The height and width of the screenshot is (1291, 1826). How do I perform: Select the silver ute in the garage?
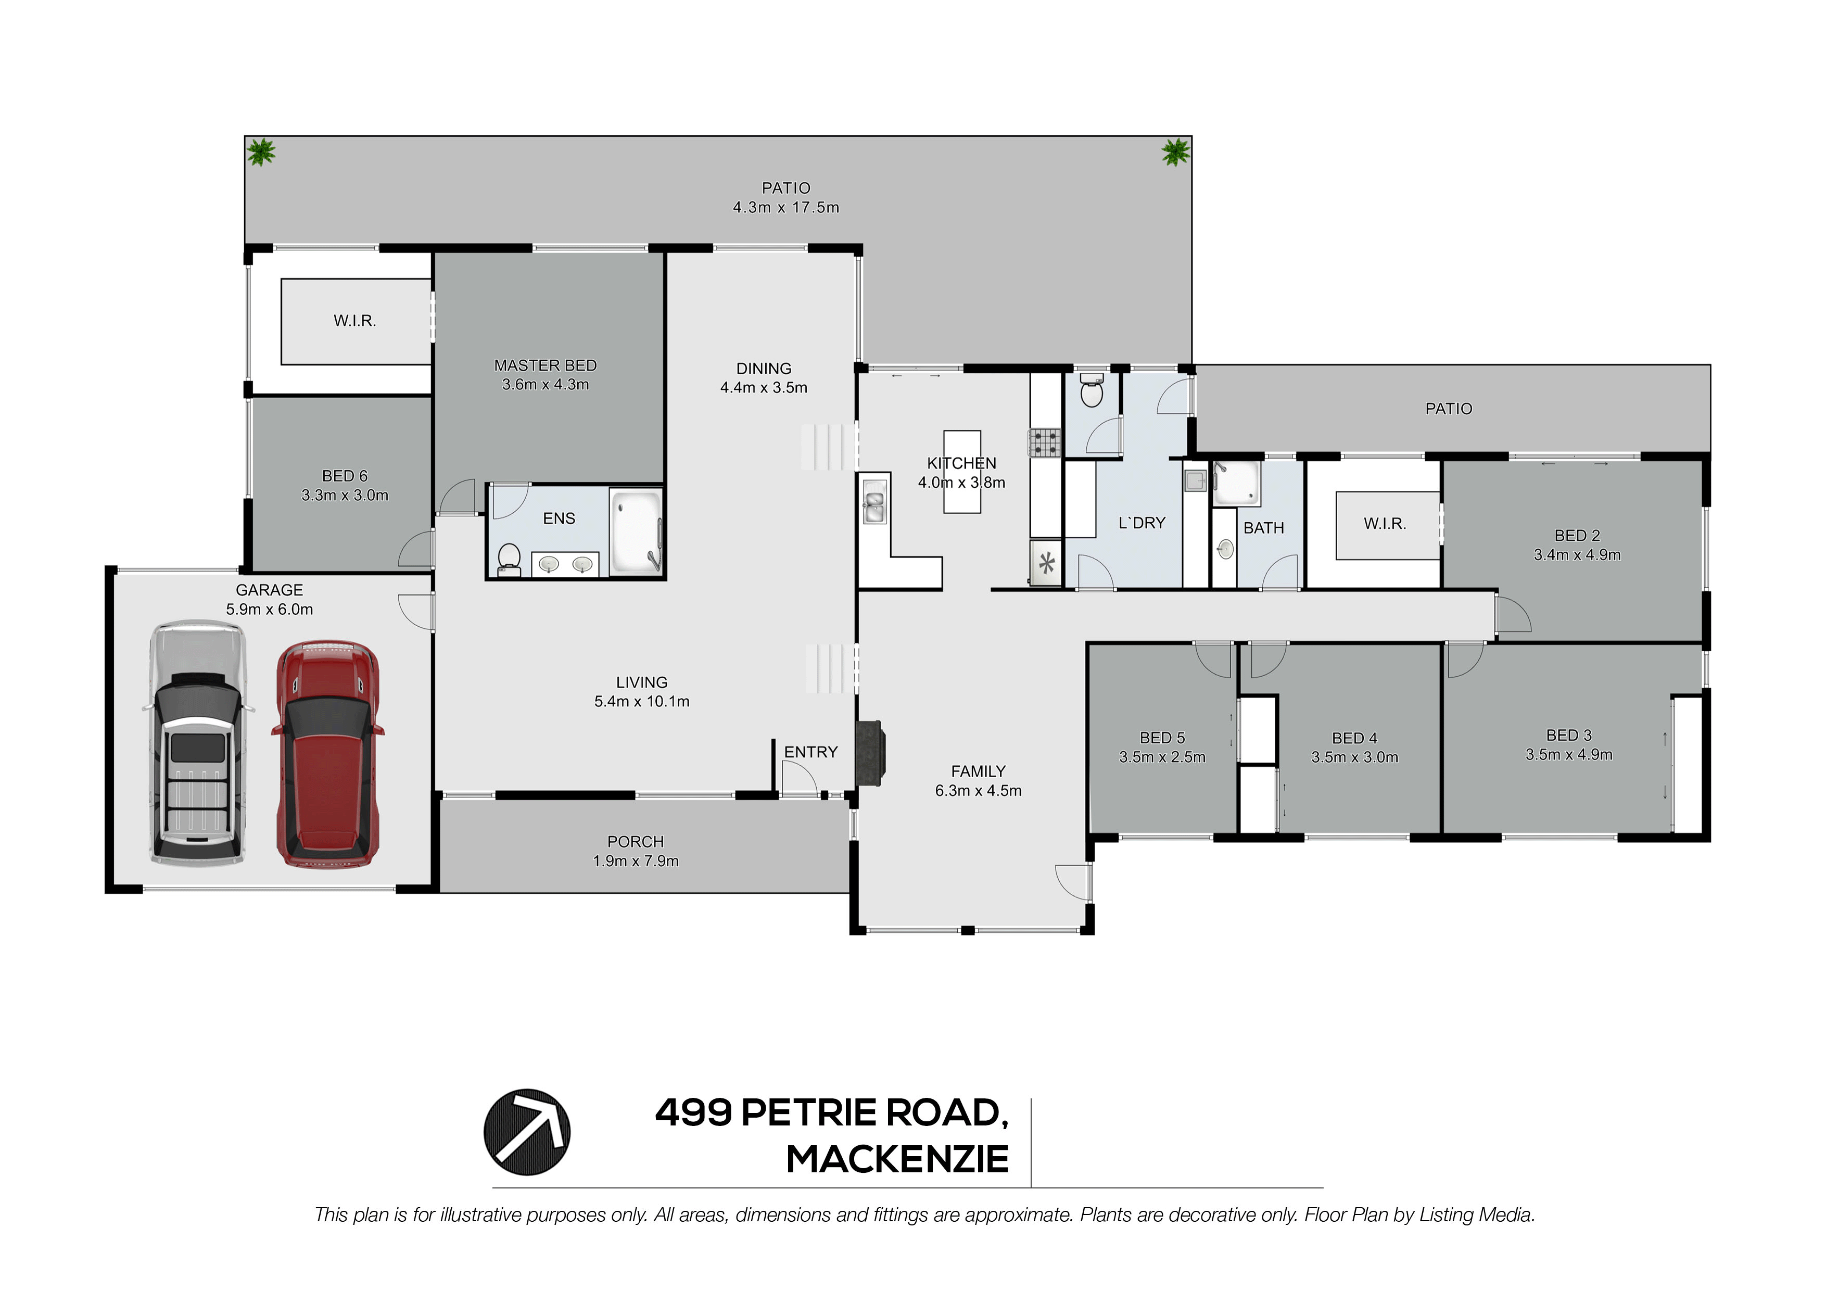(x=198, y=742)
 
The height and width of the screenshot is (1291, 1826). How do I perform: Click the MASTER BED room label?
(x=546, y=365)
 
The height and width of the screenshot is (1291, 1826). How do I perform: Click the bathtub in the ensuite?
(x=636, y=530)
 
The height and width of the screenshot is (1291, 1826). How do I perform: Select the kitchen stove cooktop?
(x=1045, y=442)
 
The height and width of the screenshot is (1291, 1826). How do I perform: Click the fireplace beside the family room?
(x=869, y=753)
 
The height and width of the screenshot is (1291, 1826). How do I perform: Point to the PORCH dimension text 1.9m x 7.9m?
(x=636, y=860)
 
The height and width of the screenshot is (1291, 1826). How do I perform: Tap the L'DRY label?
(x=1142, y=523)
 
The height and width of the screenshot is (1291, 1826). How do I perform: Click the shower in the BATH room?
(x=1237, y=482)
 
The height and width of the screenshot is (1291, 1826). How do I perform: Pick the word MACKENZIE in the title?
(x=898, y=1159)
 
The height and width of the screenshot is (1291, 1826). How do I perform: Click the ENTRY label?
(x=810, y=752)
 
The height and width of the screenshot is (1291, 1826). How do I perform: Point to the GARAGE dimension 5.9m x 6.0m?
(x=270, y=609)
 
